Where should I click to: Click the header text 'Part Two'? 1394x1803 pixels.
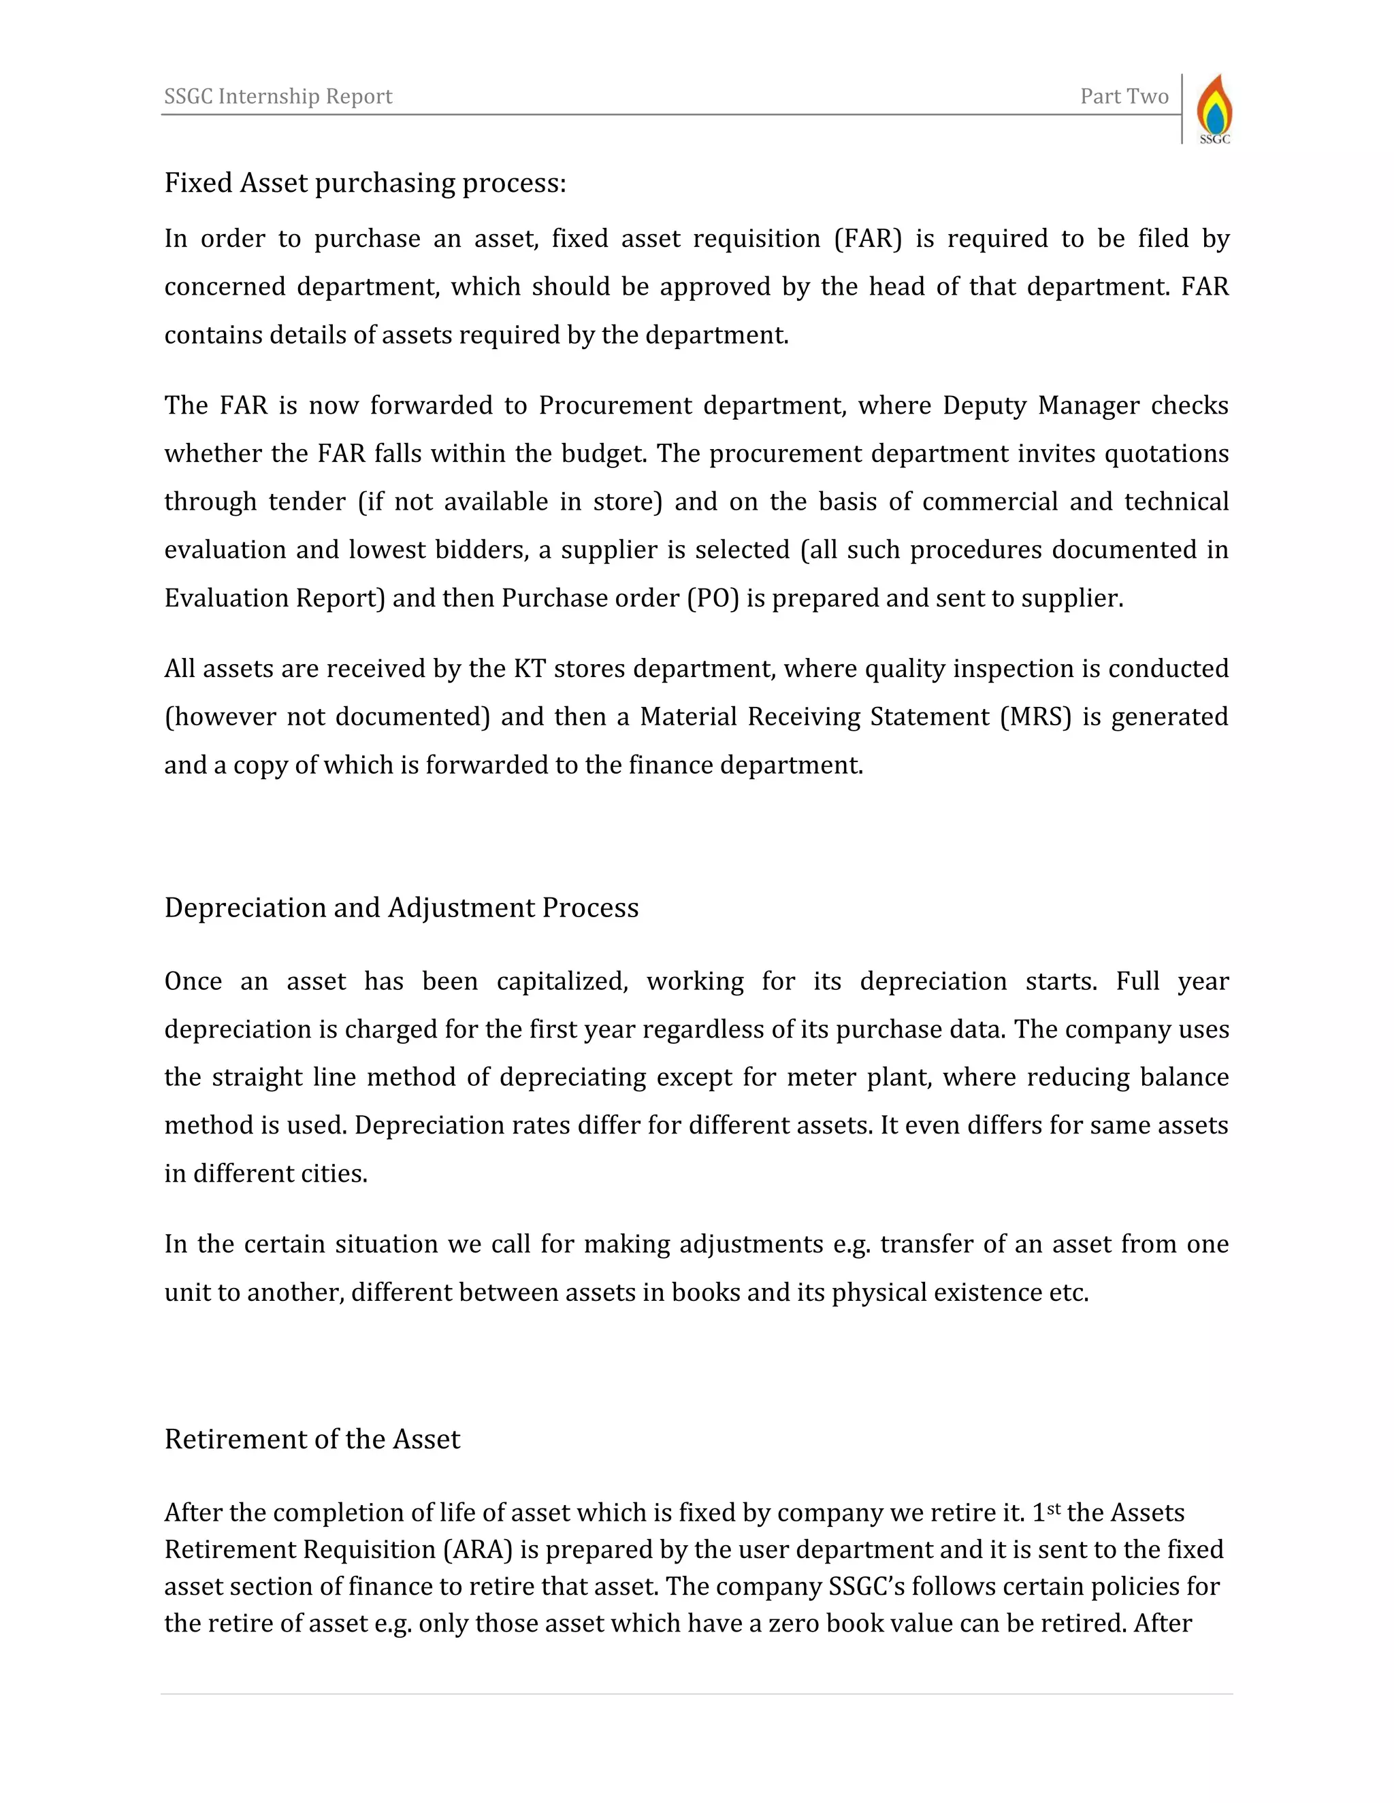click(x=1124, y=97)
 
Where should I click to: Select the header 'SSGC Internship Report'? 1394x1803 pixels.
click(x=278, y=97)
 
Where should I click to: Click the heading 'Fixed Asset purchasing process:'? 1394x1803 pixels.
click(x=365, y=182)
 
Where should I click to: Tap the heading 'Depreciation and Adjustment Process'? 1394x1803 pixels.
click(x=402, y=907)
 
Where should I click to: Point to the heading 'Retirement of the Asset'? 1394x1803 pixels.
click(x=312, y=1438)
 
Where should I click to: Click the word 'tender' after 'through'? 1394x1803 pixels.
click(x=307, y=502)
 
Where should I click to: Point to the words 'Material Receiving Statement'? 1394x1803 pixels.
click(x=814, y=716)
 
